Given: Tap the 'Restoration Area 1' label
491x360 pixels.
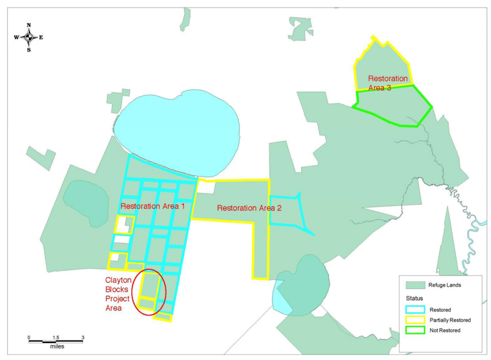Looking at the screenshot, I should pyautogui.click(x=152, y=206).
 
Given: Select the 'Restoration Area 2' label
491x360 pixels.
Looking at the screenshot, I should pyautogui.click(x=249, y=208).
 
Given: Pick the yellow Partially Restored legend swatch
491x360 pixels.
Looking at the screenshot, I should pyautogui.click(x=415, y=320).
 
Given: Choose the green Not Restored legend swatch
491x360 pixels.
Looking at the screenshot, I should pyautogui.click(x=415, y=330).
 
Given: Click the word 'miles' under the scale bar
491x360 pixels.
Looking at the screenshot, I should pyautogui.click(x=56, y=346).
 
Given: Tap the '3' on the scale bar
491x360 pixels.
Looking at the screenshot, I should pyautogui.click(x=83, y=338).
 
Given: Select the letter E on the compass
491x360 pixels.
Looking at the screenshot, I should pyautogui.click(x=41, y=37).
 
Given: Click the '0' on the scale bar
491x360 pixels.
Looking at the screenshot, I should pyautogui.click(x=29, y=338).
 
